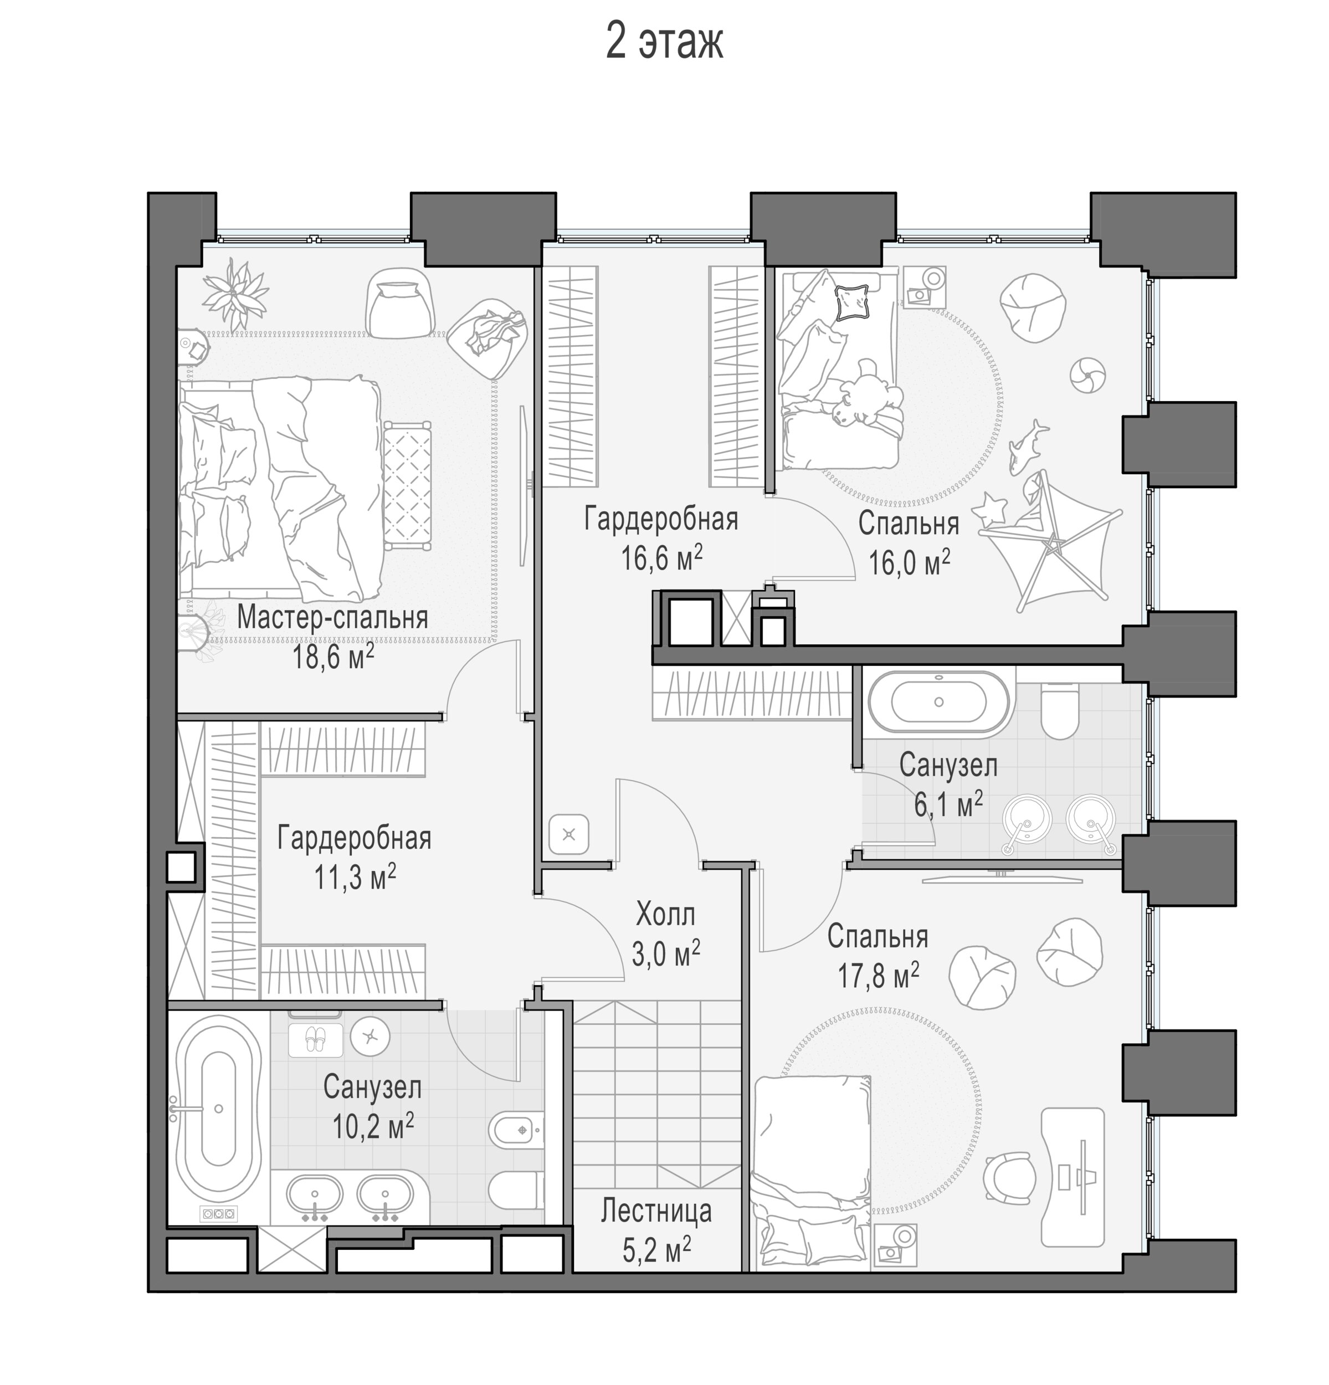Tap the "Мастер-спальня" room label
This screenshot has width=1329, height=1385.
coord(332,618)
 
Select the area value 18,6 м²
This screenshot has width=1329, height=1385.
coord(333,656)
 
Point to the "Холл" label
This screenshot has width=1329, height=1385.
coord(665,915)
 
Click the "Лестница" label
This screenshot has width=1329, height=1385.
coord(656,1210)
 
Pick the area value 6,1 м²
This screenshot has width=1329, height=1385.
coord(948,804)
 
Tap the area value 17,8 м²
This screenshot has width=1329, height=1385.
coord(878,976)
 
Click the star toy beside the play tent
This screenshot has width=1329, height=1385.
coord(989,508)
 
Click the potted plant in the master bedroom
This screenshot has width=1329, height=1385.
coord(235,292)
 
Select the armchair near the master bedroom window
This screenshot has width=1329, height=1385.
coord(399,302)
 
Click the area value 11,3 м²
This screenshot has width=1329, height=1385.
coord(355,878)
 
